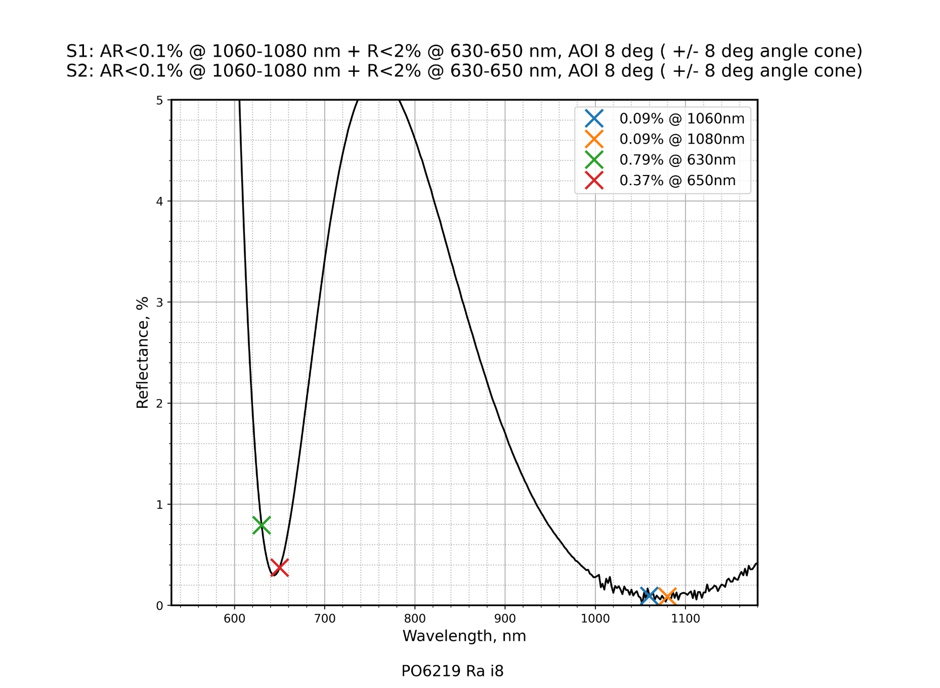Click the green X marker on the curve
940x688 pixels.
tap(262, 525)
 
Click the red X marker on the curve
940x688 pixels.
tap(280, 568)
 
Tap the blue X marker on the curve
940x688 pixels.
tap(649, 596)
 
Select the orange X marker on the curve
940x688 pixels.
tap(667, 596)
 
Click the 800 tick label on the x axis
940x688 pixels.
tap(415, 618)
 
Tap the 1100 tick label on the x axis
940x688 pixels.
tap(686, 618)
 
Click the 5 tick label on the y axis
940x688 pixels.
tap(160, 100)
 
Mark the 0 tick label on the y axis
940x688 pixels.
tap(160, 606)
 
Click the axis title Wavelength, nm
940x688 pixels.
tap(464, 636)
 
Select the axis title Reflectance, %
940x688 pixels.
tap(142, 353)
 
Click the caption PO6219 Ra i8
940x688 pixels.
tap(452, 671)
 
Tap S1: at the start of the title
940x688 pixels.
tap(80, 51)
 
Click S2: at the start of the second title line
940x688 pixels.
tap(80, 71)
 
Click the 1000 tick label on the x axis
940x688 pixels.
tap(595, 618)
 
